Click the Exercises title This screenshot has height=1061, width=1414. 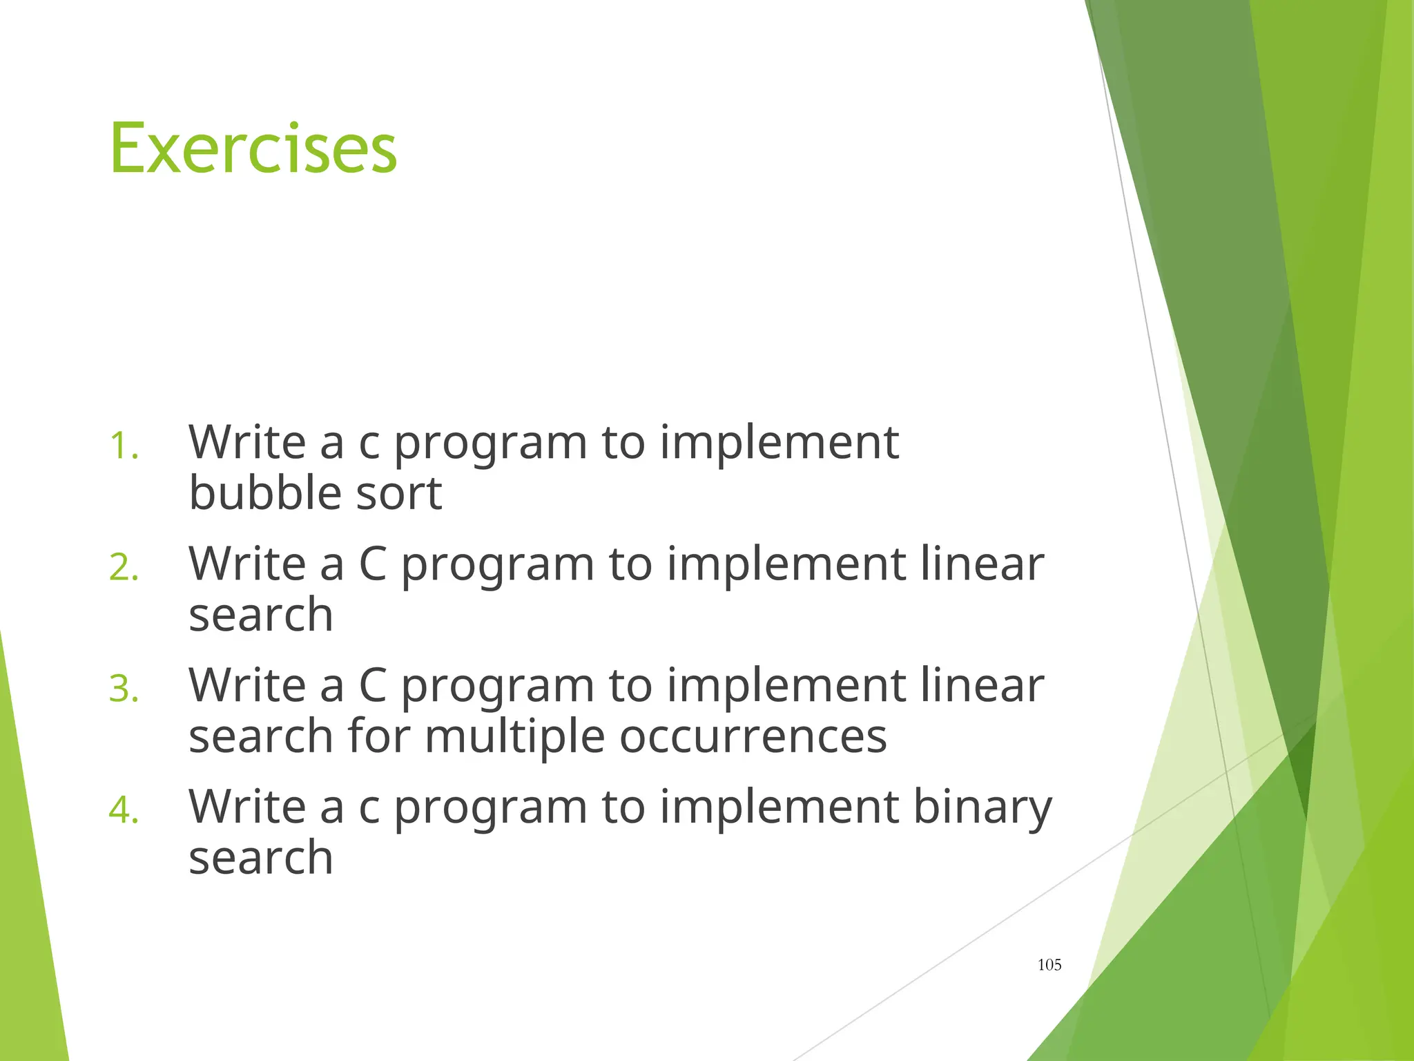pyautogui.click(x=253, y=149)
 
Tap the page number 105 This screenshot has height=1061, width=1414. pyautogui.click(x=1049, y=965)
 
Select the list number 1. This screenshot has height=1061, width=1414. pyautogui.click(x=124, y=446)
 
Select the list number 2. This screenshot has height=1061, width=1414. pyautogui.click(x=124, y=568)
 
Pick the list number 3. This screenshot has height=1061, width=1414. pyautogui.click(x=124, y=689)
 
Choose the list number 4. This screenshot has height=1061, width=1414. pyautogui.click(x=124, y=810)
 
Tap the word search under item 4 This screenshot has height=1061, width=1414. pyautogui.click(x=261, y=858)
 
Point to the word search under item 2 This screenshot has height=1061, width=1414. pyautogui.click(x=261, y=615)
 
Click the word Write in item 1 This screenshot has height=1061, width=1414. pyautogui.click(x=247, y=442)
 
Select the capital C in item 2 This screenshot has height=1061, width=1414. pyautogui.click(x=373, y=564)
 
